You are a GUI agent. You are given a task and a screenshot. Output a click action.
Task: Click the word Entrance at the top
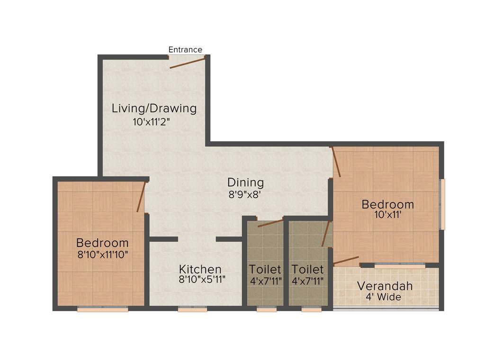(185, 50)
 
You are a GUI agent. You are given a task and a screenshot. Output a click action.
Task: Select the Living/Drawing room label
(154, 108)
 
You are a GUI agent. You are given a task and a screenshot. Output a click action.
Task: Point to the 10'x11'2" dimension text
(151, 121)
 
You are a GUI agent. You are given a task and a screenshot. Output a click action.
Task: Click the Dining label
(245, 182)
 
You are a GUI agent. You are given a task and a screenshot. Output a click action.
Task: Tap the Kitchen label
(200, 269)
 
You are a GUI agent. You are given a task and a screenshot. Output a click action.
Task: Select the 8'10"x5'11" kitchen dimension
(202, 280)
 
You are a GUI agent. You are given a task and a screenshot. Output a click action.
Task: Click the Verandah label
(385, 286)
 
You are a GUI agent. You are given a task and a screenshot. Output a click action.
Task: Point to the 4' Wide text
(383, 298)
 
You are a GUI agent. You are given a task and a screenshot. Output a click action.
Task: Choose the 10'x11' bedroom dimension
(388, 215)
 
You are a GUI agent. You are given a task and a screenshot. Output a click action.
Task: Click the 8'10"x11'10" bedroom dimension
(103, 254)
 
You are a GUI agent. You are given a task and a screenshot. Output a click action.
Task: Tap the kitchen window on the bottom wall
(192, 309)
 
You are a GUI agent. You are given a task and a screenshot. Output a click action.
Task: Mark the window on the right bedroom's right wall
(442, 204)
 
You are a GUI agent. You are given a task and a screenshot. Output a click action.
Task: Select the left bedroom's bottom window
(103, 309)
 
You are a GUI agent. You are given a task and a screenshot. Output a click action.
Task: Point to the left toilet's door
(270, 223)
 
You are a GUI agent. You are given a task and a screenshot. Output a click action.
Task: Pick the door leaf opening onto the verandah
(346, 261)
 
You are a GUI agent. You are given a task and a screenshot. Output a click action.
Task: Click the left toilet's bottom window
(267, 309)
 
